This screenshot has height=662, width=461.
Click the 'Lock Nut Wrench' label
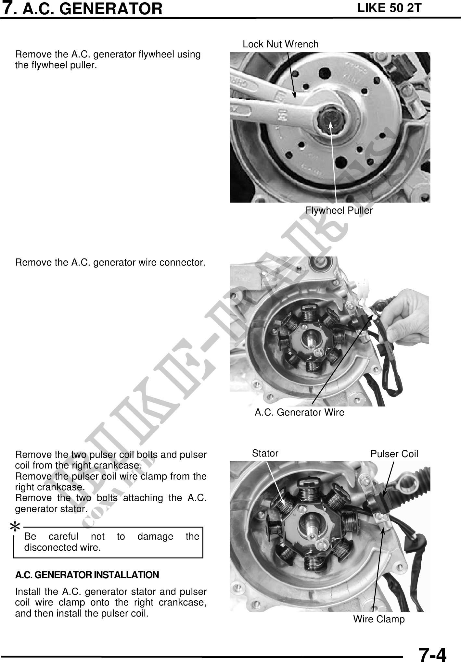[281, 44]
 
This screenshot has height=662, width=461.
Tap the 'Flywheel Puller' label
[339, 211]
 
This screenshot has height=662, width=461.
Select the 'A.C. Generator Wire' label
[300, 413]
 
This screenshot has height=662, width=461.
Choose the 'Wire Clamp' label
[379, 619]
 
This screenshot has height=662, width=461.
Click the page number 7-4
[432, 653]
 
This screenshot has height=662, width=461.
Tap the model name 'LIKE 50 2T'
[389, 8]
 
